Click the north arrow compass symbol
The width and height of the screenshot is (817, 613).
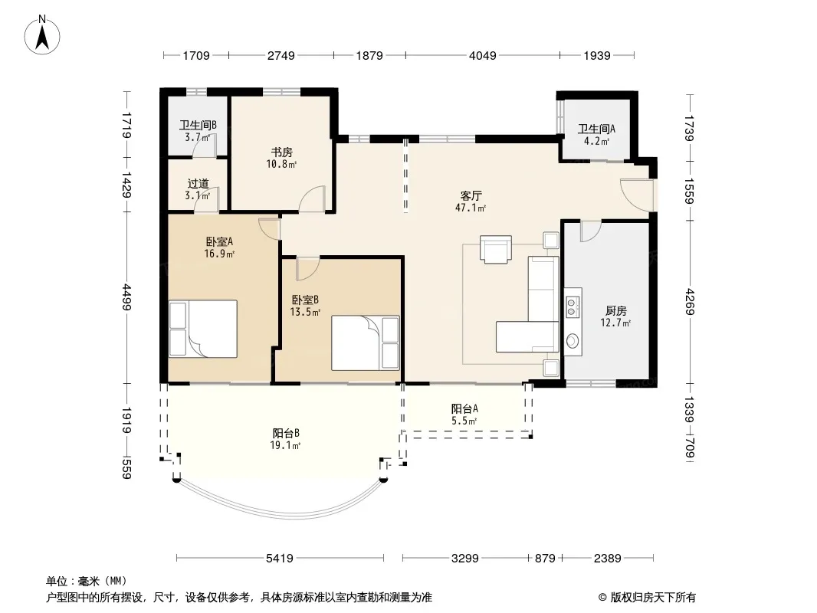(42, 34)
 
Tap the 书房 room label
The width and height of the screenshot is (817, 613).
(281, 152)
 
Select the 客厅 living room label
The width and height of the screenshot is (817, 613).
(471, 196)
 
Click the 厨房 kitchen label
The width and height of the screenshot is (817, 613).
(616, 311)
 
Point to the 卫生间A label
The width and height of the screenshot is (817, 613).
(596, 129)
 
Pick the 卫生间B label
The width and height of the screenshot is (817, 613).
(198, 126)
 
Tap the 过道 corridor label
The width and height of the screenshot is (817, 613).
(198, 184)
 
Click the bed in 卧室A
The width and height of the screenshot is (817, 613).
(203, 329)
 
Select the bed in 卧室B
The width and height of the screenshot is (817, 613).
(366, 343)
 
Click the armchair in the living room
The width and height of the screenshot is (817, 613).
(496, 250)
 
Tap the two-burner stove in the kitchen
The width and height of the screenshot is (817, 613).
(572, 306)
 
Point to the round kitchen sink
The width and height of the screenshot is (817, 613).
(573, 341)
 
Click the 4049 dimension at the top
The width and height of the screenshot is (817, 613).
(483, 55)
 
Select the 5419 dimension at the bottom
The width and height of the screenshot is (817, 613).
(280, 559)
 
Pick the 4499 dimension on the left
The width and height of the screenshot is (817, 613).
(126, 297)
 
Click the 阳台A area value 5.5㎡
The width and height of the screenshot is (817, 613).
(464, 421)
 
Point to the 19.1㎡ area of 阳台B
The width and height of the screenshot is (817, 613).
(286, 444)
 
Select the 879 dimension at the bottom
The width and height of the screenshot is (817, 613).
(545, 559)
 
